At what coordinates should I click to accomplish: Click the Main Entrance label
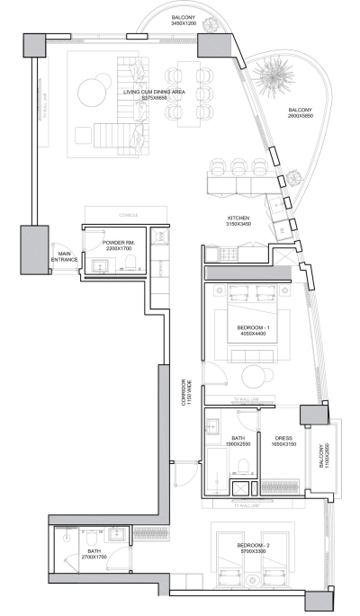[65, 257]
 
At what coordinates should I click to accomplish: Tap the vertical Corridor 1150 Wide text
[186, 392]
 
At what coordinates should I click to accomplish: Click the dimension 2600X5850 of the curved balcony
[301, 116]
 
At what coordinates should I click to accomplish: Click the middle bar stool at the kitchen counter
[239, 167]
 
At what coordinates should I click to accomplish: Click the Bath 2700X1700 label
[94, 555]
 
